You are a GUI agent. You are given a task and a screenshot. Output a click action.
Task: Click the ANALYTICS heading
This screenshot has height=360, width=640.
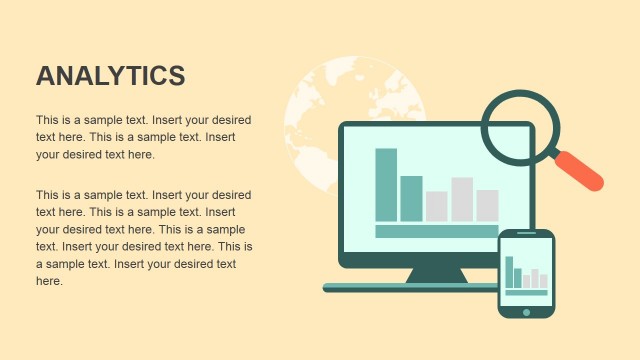(x=110, y=76)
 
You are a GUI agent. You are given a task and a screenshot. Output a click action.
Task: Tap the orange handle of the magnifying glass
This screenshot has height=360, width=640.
(x=579, y=170)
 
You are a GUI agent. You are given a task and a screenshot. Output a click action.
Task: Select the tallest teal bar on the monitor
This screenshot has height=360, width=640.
(x=386, y=184)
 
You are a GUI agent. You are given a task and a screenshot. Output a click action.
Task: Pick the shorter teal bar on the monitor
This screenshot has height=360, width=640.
(x=411, y=198)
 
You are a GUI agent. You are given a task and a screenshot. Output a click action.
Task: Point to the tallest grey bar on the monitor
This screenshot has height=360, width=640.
(x=462, y=199)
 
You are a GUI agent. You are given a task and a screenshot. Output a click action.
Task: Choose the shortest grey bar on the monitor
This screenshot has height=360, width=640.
(x=436, y=206)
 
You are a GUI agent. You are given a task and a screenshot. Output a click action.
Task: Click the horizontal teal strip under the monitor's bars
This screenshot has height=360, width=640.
(x=436, y=231)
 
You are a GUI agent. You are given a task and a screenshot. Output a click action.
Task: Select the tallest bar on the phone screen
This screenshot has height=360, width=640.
(x=509, y=272)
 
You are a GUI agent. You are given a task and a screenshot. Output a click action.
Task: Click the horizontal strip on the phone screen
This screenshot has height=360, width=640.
(x=526, y=292)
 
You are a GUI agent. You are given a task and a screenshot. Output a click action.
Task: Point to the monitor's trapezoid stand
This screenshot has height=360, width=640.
(x=436, y=274)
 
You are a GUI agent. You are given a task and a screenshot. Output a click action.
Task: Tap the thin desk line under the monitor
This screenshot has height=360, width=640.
(x=410, y=288)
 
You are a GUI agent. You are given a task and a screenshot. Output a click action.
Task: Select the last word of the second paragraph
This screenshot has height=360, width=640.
(x=49, y=282)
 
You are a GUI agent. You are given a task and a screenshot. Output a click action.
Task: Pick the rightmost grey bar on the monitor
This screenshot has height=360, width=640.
(x=487, y=205)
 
